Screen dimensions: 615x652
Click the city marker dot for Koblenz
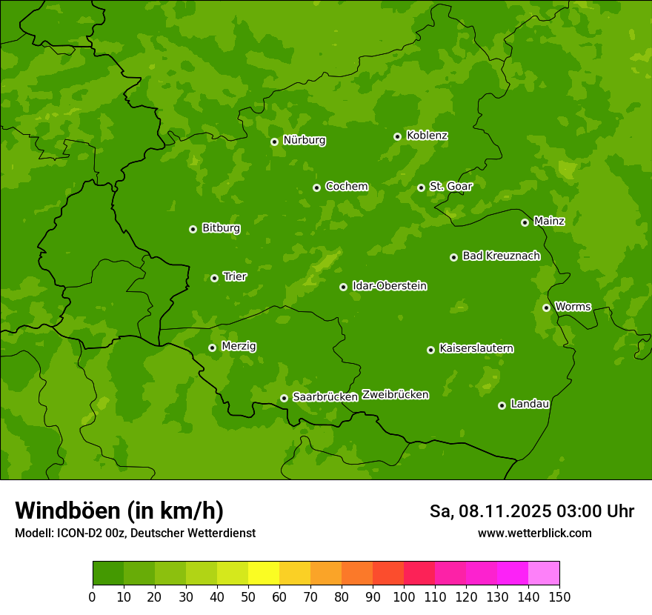[398, 136]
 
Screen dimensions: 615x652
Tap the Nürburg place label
[304, 140]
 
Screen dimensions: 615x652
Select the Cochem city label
[346, 187]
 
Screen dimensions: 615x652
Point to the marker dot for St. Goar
[421, 187]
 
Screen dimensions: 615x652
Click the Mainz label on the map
[549, 221]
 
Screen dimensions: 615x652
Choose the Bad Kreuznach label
[501, 256]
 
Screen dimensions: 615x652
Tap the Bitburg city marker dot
[193, 229]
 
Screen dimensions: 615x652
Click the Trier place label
[235, 276]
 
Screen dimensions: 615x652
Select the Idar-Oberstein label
[389, 286]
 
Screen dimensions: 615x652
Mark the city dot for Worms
[546, 307]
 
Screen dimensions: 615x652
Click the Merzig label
[239, 346]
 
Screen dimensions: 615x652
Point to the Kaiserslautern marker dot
[430, 350]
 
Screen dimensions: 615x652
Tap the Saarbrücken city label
[325, 397]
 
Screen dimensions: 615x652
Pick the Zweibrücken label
[396, 395]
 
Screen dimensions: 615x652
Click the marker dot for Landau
[502, 405]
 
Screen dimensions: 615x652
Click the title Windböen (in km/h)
[119, 511]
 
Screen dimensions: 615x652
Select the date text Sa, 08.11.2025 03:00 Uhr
[531, 511]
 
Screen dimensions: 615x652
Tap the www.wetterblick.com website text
[534, 533]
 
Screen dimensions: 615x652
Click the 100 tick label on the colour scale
[404, 596]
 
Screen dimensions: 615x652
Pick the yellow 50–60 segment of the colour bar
[264, 574]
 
